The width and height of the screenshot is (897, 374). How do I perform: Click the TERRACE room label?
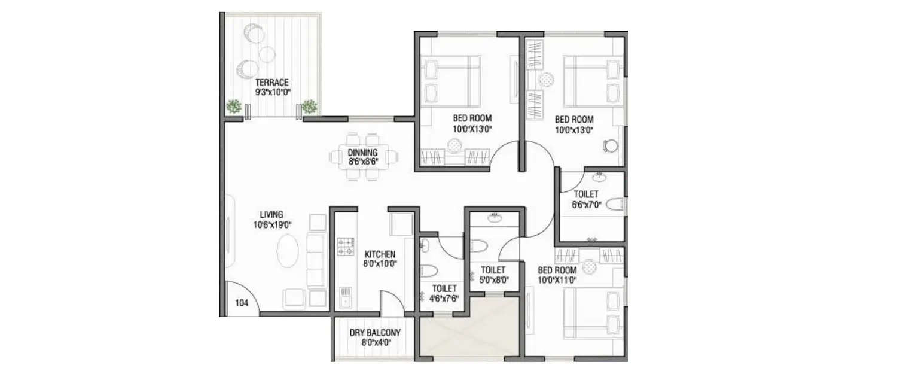click(272, 83)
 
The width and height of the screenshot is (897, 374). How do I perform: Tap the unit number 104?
click(242, 303)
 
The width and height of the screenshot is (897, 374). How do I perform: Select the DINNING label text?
click(363, 153)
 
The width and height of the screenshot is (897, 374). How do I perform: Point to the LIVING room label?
click(271, 214)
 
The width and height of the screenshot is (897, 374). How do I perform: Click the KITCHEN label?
click(380, 254)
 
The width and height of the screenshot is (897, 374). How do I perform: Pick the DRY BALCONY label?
click(375, 333)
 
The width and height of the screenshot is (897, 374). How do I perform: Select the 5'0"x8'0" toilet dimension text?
click(493, 279)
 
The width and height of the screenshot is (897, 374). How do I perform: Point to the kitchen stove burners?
click(345, 245)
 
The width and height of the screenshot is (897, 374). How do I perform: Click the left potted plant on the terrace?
click(234, 107)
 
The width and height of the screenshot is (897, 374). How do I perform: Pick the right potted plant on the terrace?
click(309, 107)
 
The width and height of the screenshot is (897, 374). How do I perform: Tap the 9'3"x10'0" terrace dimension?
click(273, 93)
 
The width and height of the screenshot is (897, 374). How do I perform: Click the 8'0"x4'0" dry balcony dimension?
click(375, 343)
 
